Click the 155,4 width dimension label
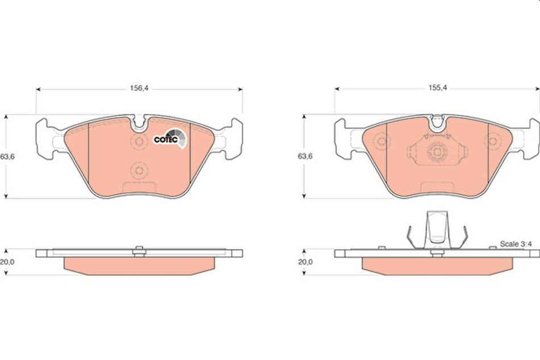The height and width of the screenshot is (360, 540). click(x=437, y=89)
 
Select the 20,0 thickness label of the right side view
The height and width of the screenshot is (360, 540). click(x=306, y=262)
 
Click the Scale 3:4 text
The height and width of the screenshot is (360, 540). click(x=515, y=243)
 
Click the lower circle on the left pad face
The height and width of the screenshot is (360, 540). click(x=138, y=169)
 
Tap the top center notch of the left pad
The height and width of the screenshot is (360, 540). click(x=139, y=121)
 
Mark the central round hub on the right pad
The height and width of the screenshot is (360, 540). click(x=437, y=152)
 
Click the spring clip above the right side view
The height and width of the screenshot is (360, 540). click(x=437, y=227)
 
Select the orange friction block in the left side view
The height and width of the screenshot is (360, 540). click(x=139, y=264)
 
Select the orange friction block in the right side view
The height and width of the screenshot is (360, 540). click(x=437, y=264)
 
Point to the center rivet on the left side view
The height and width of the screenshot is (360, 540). click(x=139, y=250)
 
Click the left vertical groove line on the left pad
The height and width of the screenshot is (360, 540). click(x=90, y=154)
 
